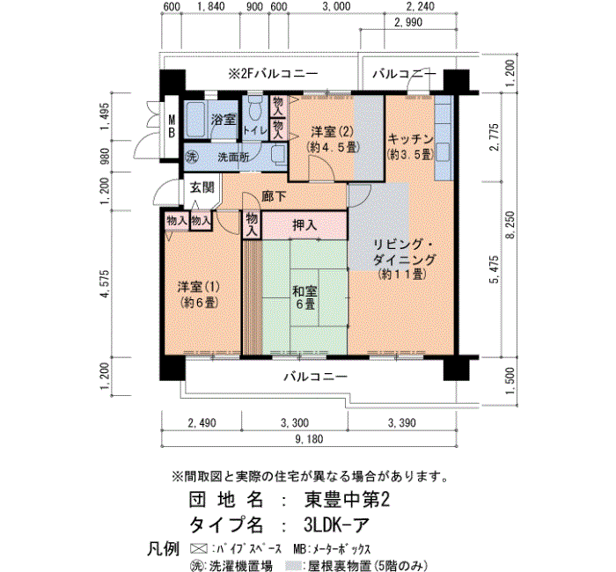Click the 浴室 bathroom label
(223, 119)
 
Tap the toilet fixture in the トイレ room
(255, 106)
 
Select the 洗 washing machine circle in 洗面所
(191, 158)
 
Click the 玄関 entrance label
(202, 187)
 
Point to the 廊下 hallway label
(274, 196)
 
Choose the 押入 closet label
(304, 225)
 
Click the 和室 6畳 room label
(304, 297)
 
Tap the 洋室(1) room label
(198, 295)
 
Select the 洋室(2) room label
(333, 139)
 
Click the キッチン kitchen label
(410, 146)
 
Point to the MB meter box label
(172, 126)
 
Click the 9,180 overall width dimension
(310, 439)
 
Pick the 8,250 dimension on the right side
(510, 224)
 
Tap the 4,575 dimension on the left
(105, 283)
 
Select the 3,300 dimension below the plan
(295, 422)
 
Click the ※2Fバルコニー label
(273, 73)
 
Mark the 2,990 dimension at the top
(408, 22)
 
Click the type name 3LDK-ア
(337, 524)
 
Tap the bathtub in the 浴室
(194, 119)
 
